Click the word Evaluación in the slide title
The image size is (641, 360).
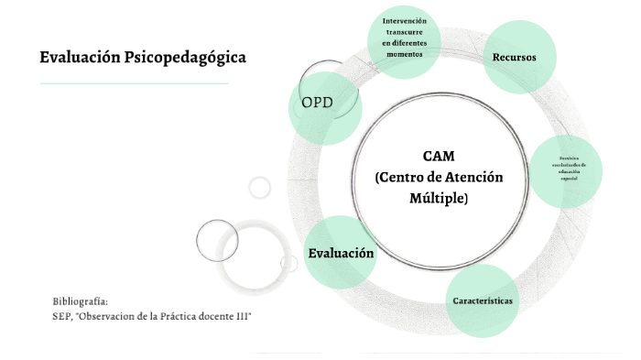pyautogui.click(x=79, y=58)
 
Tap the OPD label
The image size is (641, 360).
pyautogui.click(x=317, y=102)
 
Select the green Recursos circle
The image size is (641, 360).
pyautogui.click(x=514, y=58)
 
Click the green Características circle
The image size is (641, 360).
pyautogui.click(x=482, y=300)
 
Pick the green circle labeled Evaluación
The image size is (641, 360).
pyautogui.click(x=341, y=253)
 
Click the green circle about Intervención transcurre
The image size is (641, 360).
pyautogui.click(x=404, y=38)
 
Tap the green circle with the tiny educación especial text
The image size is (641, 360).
pyautogui.click(x=568, y=170)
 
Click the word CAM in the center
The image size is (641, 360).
pyautogui.click(x=439, y=156)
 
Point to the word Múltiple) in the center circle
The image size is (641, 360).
pyautogui.click(x=439, y=198)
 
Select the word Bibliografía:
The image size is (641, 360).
pyautogui.click(x=81, y=301)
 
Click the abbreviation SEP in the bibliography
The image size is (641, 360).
pyautogui.click(x=62, y=316)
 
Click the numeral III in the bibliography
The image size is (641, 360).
pyautogui.click(x=242, y=316)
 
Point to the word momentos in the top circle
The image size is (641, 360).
pyautogui.click(x=404, y=54)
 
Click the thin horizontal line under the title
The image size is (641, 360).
pyautogui.click(x=134, y=83)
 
